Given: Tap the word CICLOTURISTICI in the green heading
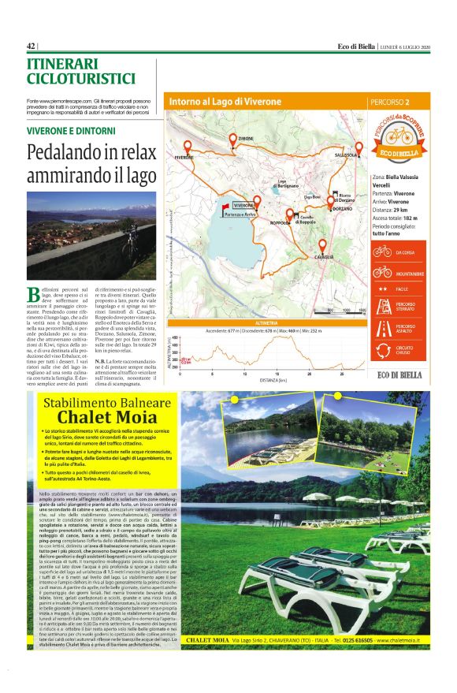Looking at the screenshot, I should pyautogui.click(x=81, y=79).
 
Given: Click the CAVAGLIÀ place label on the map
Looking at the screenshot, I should pyautogui.click(x=321, y=258).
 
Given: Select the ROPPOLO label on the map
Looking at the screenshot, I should pyautogui.click(x=281, y=223).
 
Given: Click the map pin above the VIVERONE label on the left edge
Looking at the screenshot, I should pyautogui.click(x=188, y=147).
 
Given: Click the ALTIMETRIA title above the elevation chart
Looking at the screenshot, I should pyautogui.click(x=268, y=302).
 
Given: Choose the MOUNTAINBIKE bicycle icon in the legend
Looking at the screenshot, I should pyautogui.click(x=382, y=273).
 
